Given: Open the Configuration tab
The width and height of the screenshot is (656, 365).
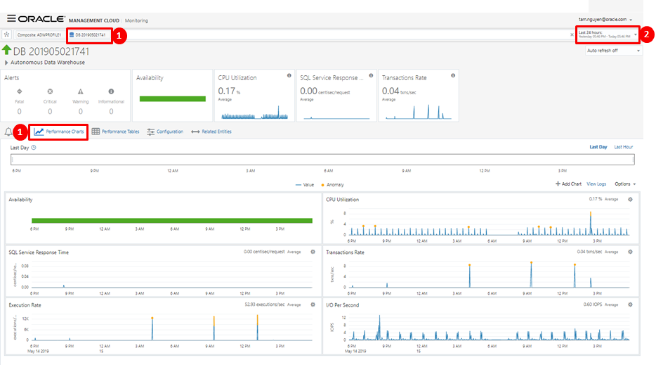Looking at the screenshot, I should [x=165, y=132].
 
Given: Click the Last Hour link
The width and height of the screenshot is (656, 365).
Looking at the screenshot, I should [x=623, y=147].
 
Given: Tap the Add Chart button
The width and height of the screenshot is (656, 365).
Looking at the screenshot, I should [x=568, y=184].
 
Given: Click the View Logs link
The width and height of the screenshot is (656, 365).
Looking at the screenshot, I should [x=596, y=184].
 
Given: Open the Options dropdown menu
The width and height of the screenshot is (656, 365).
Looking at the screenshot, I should [x=625, y=184].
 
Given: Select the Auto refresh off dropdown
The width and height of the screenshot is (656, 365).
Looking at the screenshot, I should [x=613, y=51].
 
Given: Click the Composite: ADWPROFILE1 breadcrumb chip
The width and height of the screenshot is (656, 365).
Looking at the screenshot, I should [x=39, y=34].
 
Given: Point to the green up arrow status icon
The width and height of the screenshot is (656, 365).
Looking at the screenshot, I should [x=7, y=51].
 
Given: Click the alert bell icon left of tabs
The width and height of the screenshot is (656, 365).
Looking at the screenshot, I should [x=8, y=132].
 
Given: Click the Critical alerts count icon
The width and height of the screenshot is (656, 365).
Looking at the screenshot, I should [x=50, y=91].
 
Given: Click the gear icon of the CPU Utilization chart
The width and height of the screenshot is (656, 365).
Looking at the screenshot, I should [x=630, y=200].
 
